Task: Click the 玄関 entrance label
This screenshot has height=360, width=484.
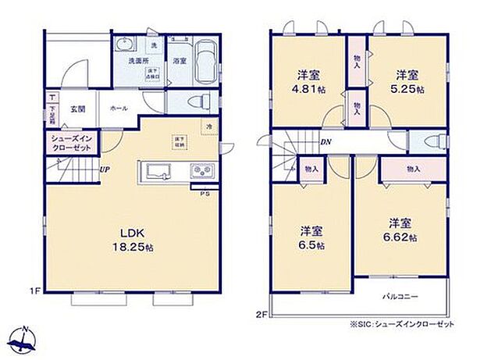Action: coord(77,109)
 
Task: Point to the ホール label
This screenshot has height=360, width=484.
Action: coord(119,109)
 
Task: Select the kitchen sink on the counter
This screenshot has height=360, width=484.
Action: coord(158,172)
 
